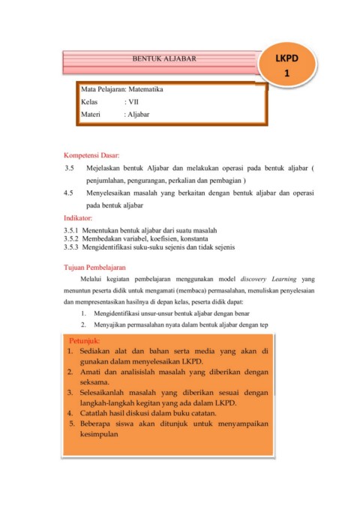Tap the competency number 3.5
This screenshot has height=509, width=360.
tap(70, 169)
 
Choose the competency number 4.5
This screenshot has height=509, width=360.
tap(70, 193)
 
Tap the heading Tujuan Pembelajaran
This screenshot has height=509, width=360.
tap(94, 267)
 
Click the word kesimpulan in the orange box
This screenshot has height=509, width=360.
tap(96, 433)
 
